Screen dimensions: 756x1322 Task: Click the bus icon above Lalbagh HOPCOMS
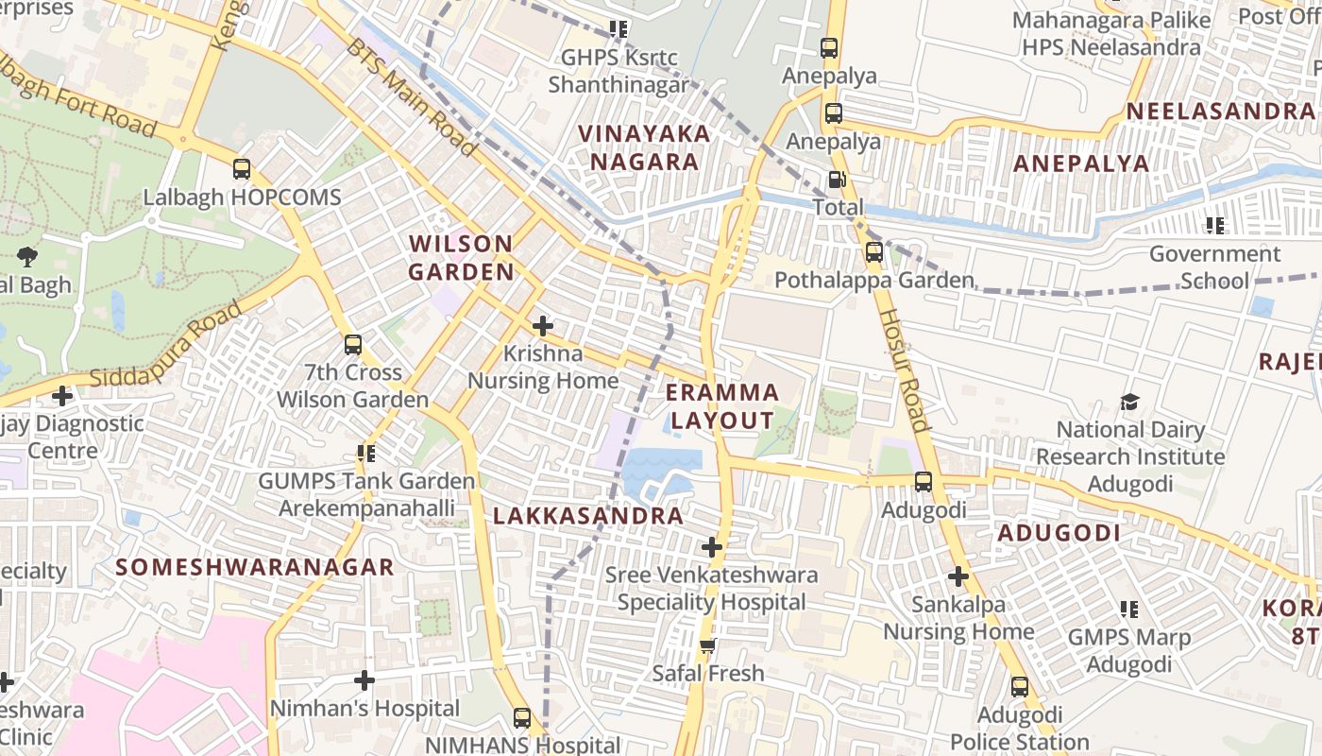(x=242, y=169)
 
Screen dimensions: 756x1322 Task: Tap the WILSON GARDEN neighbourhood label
(x=461, y=258)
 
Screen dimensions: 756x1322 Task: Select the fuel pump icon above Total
(x=837, y=180)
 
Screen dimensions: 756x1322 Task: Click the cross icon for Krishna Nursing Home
(x=542, y=326)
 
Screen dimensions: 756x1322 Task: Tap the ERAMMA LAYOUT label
(x=722, y=406)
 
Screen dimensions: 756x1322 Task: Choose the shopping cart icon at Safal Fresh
(x=707, y=646)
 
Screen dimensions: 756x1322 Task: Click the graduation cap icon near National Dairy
(x=1129, y=403)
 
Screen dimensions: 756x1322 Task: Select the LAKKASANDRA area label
(x=587, y=516)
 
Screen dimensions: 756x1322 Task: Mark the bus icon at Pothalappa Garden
(x=874, y=252)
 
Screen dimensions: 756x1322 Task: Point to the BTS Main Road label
(x=411, y=97)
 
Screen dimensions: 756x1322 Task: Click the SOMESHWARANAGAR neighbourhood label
(x=254, y=567)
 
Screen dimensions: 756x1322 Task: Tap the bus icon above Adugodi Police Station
(x=1019, y=687)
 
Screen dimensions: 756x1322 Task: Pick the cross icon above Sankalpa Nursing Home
(x=958, y=576)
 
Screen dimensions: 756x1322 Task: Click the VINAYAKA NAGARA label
(x=644, y=147)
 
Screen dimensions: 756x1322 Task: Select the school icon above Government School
(x=1214, y=225)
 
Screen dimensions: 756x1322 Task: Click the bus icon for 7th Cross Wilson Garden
(x=353, y=345)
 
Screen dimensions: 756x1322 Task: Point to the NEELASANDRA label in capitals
(x=1219, y=112)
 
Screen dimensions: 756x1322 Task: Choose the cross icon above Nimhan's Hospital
(x=364, y=680)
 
